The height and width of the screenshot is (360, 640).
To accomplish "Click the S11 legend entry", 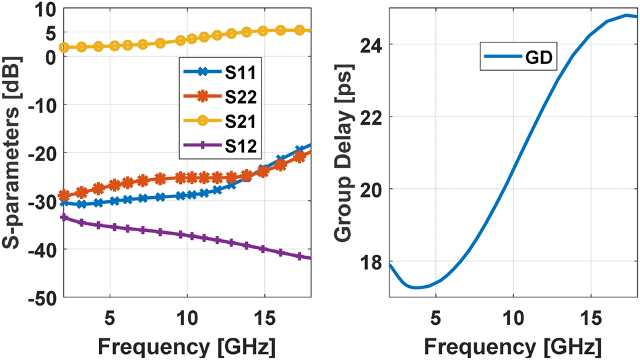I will click(x=216, y=69).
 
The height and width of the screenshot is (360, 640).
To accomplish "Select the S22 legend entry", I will click(x=216, y=97).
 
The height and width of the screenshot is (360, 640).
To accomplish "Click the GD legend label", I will click(x=538, y=59).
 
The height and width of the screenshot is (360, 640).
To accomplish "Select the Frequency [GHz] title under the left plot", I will click(x=187, y=347).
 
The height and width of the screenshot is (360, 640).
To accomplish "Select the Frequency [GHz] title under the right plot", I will click(x=513, y=347).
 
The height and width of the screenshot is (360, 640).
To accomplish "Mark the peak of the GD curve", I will click(x=627, y=15).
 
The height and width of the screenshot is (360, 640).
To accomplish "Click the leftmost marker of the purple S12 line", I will click(x=64, y=217).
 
